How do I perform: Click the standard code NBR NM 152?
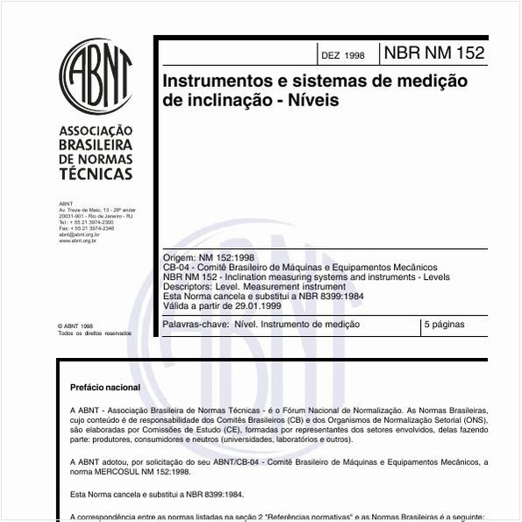tap(433, 53)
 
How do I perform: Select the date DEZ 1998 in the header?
tap(342, 54)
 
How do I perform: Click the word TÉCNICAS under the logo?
tap(96, 174)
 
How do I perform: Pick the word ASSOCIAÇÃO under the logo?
tap(96, 131)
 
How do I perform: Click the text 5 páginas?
tap(445, 325)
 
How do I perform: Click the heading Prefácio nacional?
tap(105, 387)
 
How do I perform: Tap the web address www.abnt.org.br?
tap(77, 240)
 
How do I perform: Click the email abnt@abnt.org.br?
tap(79, 234)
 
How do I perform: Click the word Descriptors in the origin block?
tap(185, 286)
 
